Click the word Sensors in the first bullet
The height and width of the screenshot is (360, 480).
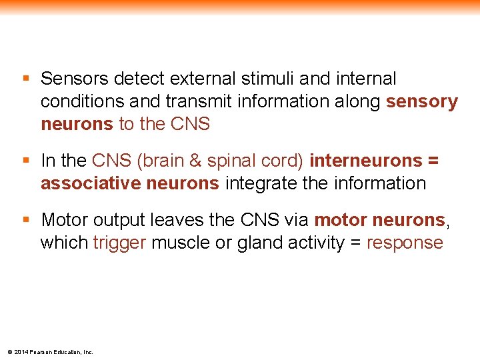pyautogui.click(x=74, y=79)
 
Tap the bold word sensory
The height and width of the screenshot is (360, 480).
pyautogui.click(x=423, y=102)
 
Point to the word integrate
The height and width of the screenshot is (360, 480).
pyautogui.click(x=261, y=183)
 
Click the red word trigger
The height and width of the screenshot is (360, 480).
pyautogui.click(x=119, y=243)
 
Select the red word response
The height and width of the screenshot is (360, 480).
pyautogui.click(x=405, y=243)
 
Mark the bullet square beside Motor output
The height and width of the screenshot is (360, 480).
pyautogui.click(x=26, y=219)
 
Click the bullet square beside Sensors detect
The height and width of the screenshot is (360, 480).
pyautogui.click(x=26, y=79)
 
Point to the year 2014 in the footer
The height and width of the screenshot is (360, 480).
pyautogui.click(x=20, y=352)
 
